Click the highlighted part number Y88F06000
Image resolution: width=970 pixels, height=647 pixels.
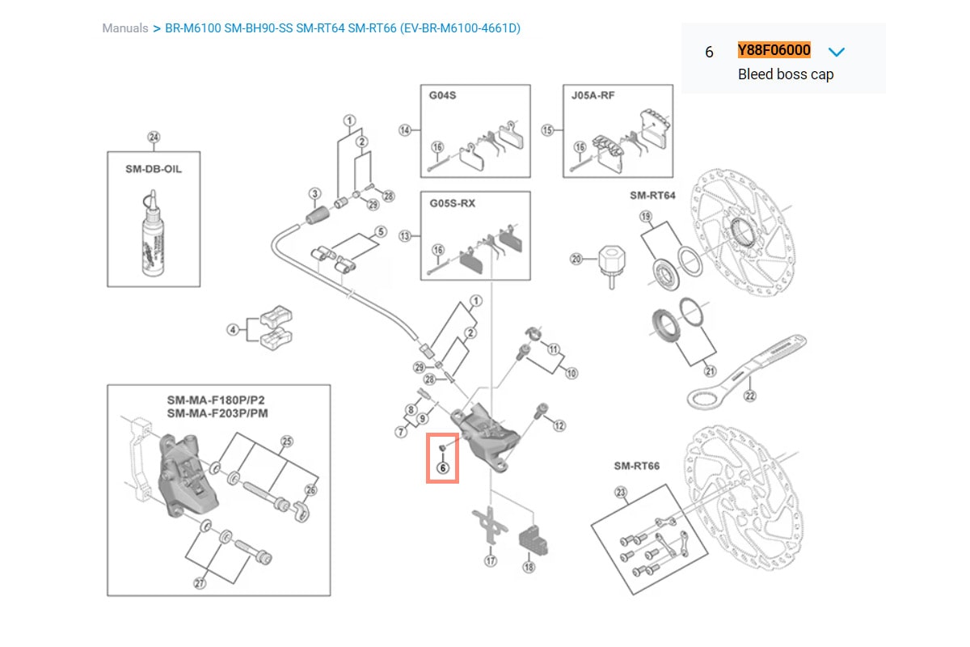click(x=774, y=50)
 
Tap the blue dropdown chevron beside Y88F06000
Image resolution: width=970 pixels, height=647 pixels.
click(x=837, y=52)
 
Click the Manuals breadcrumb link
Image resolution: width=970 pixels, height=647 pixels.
click(x=124, y=28)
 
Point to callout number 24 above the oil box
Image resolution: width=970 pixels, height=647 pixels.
click(x=154, y=137)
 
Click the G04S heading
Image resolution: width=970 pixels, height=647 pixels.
click(x=444, y=95)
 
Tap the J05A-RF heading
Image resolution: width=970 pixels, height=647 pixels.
click(x=591, y=95)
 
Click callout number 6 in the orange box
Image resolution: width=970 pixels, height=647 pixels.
click(x=442, y=467)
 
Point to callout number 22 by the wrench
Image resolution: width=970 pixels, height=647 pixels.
click(x=750, y=395)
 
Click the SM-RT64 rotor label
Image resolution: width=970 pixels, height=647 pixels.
click(x=652, y=195)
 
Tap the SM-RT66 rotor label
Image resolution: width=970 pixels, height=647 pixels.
click(x=636, y=466)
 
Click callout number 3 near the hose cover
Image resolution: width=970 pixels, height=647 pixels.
click(x=314, y=193)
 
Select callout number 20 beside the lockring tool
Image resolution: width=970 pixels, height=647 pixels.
click(x=576, y=259)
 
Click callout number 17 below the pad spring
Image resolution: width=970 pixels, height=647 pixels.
click(x=490, y=560)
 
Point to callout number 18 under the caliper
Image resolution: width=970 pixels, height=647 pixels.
click(x=529, y=568)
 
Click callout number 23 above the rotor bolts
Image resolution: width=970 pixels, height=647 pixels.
click(x=621, y=491)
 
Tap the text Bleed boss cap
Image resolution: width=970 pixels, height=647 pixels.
click(x=785, y=74)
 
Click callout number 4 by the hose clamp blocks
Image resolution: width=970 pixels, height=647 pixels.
click(x=233, y=329)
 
